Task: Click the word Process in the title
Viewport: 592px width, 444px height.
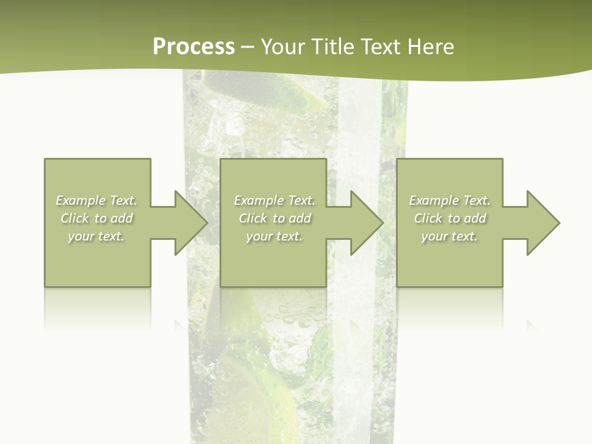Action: tap(194, 47)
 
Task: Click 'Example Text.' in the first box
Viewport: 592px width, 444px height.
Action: tap(97, 200)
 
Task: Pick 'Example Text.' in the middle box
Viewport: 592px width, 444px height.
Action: tap(274, 200)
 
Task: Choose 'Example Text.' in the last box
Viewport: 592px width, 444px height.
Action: tap(450, 200)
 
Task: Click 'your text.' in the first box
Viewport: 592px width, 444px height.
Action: tap(96, 236)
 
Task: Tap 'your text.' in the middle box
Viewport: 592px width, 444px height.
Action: tap(274, 236)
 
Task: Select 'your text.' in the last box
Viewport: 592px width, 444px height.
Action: tap(450, 236)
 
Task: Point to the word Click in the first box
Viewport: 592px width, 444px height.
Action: tap(75, 218)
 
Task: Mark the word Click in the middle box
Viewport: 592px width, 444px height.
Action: tap(253, 218)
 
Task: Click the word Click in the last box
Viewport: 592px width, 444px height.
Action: tap(428, 218)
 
